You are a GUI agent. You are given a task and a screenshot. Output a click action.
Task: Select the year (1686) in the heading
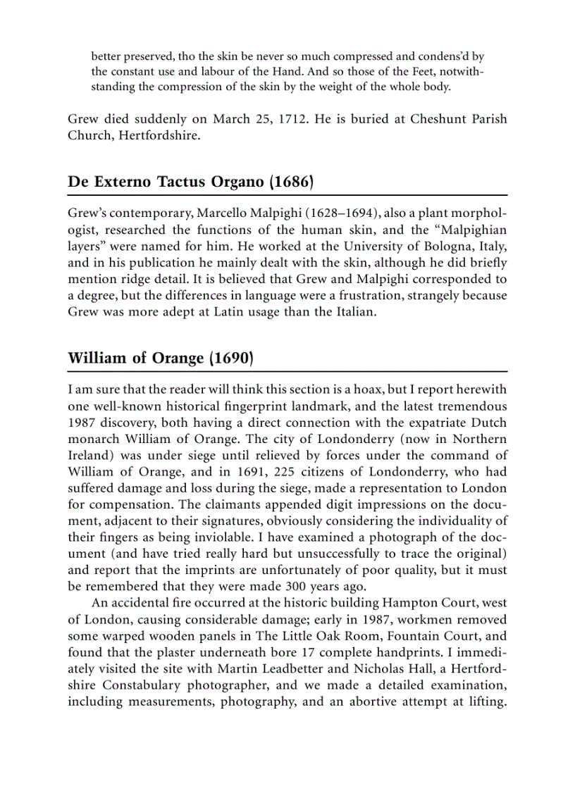[290, 182]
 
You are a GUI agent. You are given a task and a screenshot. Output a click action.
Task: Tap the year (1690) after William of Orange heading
[230, 358]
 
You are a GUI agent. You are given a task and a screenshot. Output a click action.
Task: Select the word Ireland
[89, 454]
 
